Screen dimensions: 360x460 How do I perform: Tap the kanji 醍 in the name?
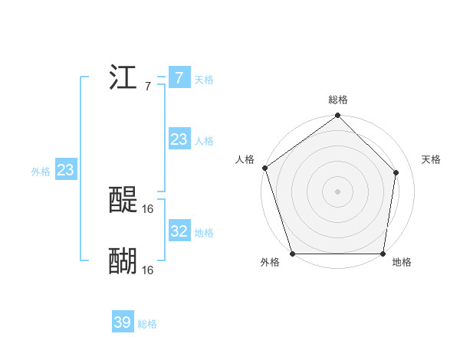coord(123,200)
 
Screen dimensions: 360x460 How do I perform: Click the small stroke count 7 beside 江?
coord(148,86)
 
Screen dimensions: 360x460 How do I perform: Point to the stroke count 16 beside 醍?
coord(148,208)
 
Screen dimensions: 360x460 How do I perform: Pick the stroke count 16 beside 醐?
coord(148,270)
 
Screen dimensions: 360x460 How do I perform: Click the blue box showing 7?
coord(179,78)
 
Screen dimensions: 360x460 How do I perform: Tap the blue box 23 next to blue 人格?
coord(179,139)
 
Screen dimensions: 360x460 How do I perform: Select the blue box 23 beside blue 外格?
coord(65,170)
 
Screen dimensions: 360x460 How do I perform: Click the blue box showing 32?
coord(179,231)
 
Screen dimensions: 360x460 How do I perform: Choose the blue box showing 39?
coord(122,322)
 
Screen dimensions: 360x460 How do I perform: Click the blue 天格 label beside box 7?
coord(204,80)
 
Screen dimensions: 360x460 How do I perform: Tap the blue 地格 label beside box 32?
coord(204,233)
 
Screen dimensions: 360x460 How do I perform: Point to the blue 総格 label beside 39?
coord(147,324)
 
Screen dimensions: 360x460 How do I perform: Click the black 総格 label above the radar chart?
coord(338,100)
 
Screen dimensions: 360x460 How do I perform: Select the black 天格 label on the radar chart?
coord(431,159)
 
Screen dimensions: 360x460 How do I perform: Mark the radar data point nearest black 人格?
coord(264,168)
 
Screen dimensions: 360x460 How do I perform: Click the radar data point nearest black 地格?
coord(383,254)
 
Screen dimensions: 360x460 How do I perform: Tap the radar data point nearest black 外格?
coord(293,254)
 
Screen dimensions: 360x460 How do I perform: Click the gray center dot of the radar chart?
coord(337,191)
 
